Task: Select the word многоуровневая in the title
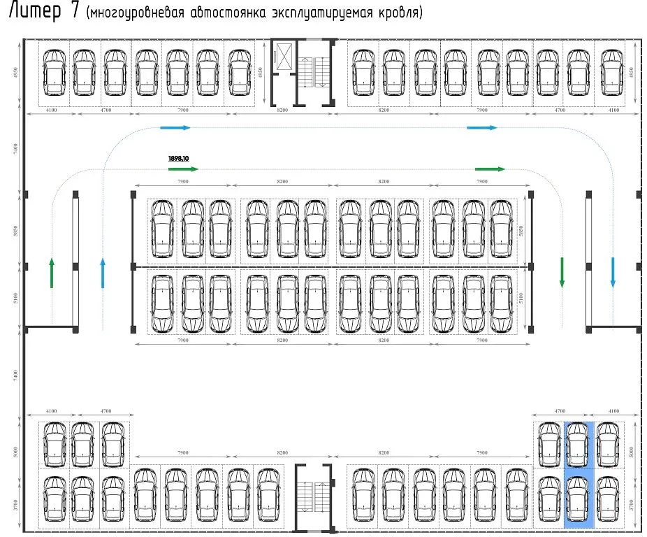point(133,15)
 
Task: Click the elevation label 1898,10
point(178,159)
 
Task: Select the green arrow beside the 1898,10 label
point(184,169)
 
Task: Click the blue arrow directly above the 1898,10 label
point(175,128)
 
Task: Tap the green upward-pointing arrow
point(52,273)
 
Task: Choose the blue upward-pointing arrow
point(103,273)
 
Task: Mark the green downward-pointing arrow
point(561,273)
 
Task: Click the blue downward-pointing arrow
point(613,273)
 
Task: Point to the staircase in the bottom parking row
point(314,494)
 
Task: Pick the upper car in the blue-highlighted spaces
point(579,444)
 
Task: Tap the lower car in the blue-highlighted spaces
point(579,497)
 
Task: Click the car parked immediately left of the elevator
point(239,72)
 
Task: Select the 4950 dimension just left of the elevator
point(259,72)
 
